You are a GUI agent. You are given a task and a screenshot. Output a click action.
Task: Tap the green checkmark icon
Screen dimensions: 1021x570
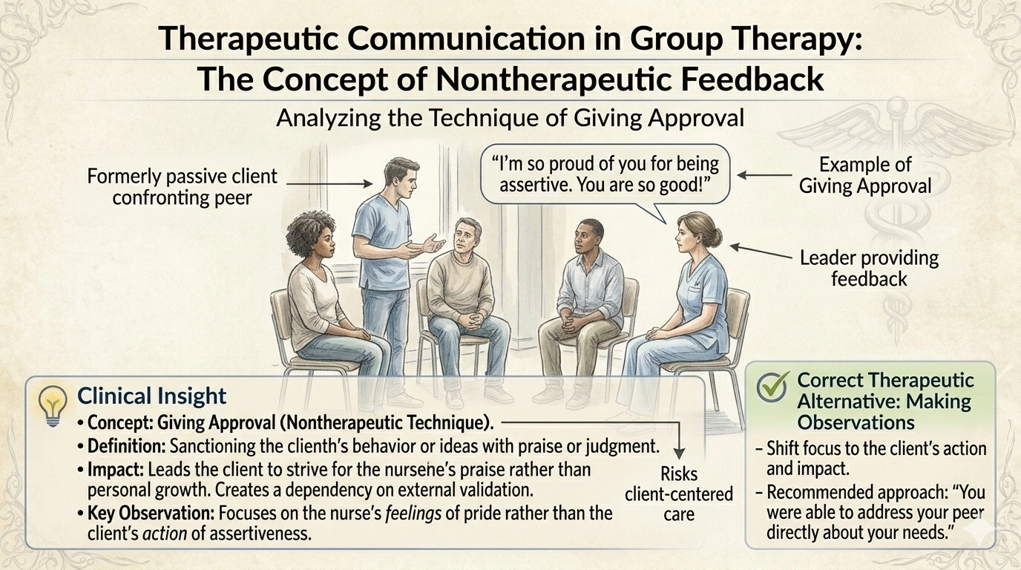[771, 387]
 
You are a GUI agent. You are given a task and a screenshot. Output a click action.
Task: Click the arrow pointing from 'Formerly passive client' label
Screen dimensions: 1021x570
[329, 183]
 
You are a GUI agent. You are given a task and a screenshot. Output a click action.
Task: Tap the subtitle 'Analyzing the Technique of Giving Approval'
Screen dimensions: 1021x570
[510, 118]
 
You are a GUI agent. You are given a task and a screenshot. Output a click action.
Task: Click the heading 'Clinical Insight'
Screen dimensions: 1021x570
[151, 395]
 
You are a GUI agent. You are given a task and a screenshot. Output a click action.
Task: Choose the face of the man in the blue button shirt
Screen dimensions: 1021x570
[590, 238]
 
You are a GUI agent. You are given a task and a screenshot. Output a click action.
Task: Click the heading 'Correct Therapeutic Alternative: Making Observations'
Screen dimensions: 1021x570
[884, 401]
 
